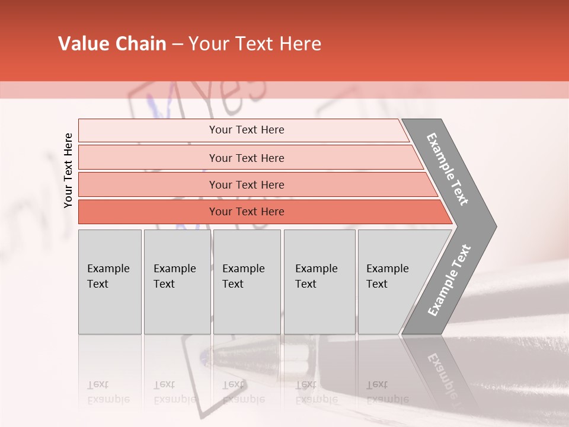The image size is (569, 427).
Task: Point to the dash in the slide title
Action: pyautogui.click(x=177, y=44)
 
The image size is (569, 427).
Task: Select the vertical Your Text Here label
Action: pyautogui.click(x=68, y=170)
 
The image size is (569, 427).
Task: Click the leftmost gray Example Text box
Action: pyautogui.click(x=110, y=282)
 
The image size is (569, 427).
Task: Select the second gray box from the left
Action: pyautogui.click(x=177, y=282)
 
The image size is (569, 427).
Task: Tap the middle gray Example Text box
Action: pyautogui.click(x=247, y=282)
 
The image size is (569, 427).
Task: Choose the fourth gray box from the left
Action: pyautogui.click(x=319, y=282)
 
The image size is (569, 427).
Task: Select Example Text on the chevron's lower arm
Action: pyautogui.click(x=449, y=280)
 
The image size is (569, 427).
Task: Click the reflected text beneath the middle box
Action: pyautogui.click(x=243, y=392)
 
